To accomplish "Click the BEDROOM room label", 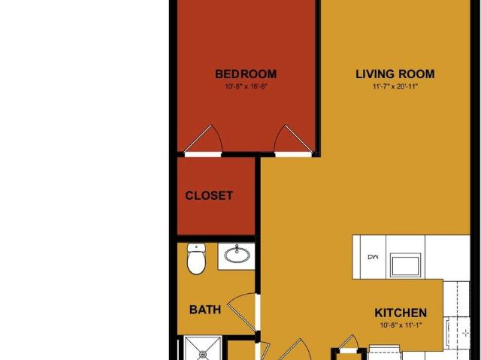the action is click(246, 74).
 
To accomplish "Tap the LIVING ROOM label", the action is click(395, 74).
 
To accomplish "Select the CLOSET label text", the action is click(209, 195).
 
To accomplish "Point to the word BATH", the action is click(205, 310).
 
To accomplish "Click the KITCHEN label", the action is click(401, 313).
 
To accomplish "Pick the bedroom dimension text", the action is click(247, 86).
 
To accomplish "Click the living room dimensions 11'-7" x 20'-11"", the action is click(395, 86).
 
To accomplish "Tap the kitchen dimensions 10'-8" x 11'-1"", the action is click(401, 325).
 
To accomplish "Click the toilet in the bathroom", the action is click(196, 259).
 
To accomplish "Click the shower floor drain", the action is click(202, 355).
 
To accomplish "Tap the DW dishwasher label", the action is click(373, 257).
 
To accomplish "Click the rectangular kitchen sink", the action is click(405, 265).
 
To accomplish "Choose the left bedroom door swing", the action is click(203, 140).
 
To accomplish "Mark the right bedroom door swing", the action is click(293, 140).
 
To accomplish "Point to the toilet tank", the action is click(196, 247).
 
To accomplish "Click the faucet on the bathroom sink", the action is click(237, 249).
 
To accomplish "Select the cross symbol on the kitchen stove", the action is click(466, 333).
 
